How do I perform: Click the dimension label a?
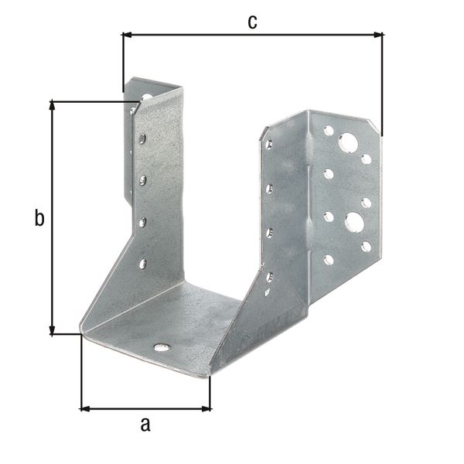pos(144,424)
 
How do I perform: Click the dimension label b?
pos(39,218)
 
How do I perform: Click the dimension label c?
pos(252,22)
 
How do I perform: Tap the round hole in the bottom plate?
pos(160,347)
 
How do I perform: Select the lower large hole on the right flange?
pos(353,223)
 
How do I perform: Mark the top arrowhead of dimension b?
pos(53,105)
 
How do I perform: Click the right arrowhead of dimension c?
pos(378,34)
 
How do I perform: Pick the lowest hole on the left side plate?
pos(142,264)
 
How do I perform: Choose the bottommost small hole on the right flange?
pos(329,260)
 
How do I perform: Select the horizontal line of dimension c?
pos(252,34)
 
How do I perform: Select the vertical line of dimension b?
pos(53,218)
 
